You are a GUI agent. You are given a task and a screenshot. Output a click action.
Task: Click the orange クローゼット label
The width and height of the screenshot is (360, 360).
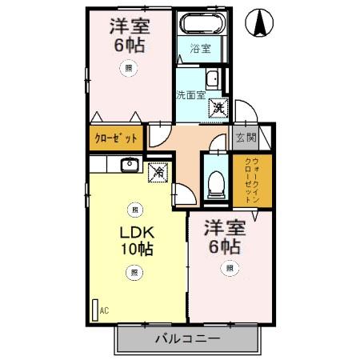pos(115,138)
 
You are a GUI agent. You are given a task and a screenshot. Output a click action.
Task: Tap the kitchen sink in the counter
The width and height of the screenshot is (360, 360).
pos(130,165)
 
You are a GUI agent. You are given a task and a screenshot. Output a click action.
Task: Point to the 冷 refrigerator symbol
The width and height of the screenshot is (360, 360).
pos(158,170)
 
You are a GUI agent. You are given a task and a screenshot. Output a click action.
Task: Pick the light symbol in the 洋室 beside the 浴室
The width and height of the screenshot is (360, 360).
pos(128,69)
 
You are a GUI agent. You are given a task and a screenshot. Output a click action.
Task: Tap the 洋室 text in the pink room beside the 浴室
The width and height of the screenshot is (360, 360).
pos(127,26)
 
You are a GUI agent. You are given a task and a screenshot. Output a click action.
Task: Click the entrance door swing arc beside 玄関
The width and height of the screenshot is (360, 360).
pos(246,114)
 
